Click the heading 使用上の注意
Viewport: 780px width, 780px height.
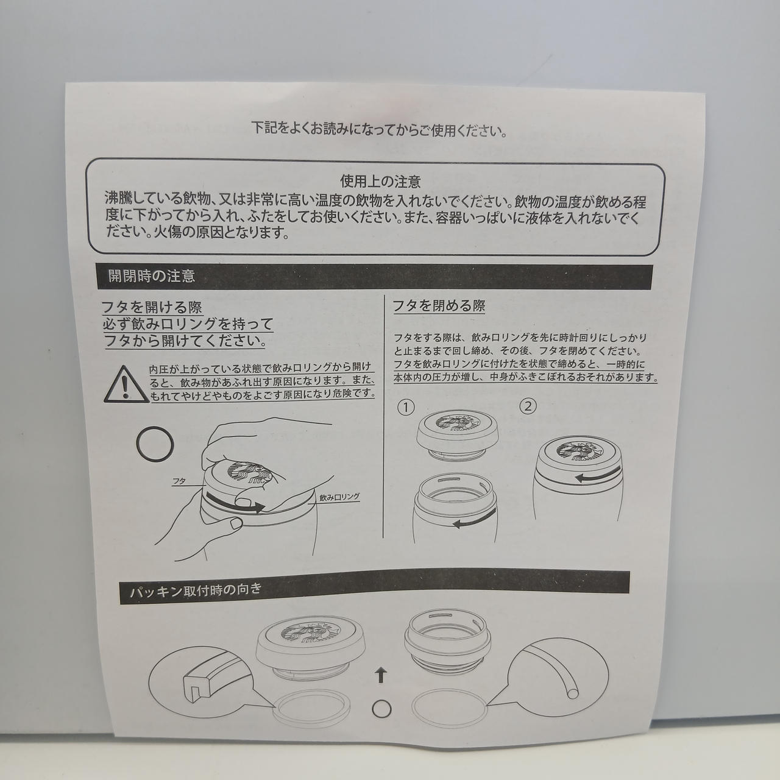[380, 182]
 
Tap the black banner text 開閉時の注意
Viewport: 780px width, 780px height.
[152, 276]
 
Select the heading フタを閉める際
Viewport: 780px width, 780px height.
[439, 306]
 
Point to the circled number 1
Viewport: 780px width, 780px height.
[406, 407]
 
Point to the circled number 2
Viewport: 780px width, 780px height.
[528, 406]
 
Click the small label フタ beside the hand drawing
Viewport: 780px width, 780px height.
[179, 481]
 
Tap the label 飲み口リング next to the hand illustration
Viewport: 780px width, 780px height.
[339, 497]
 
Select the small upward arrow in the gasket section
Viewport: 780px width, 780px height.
[380, 675]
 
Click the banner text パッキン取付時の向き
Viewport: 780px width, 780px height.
[196, 591]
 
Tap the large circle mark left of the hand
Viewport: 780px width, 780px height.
[155, 444]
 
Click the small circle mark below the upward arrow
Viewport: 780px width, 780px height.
[381, 708]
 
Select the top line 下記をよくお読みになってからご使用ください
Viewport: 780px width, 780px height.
[379, 130]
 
